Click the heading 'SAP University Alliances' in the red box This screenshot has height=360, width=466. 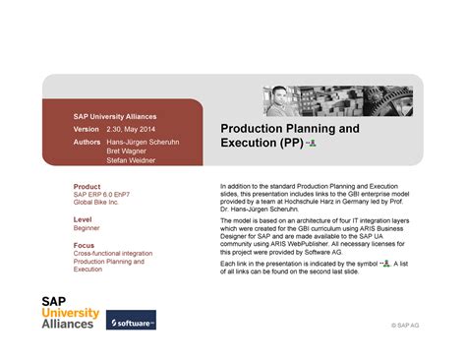point(110,115)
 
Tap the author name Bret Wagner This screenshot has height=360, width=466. point(129,152)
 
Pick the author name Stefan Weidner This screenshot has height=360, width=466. point(133,162)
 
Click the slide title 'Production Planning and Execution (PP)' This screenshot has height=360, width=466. point(289,136)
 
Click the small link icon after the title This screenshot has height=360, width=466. point(311,144)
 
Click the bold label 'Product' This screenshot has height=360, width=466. point(87,186)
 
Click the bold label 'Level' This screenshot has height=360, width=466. point(83,219)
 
